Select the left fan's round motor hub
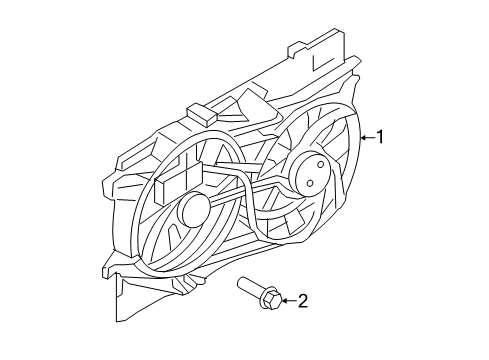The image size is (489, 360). click(x=193, y=210)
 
